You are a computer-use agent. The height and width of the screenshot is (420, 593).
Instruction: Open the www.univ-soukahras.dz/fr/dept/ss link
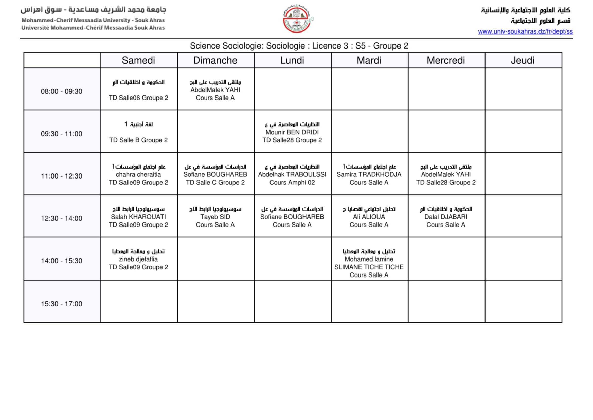(525, 31)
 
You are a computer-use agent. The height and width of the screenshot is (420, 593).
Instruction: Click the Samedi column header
(138, 60)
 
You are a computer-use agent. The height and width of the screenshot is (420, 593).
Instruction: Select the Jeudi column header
(523, 60)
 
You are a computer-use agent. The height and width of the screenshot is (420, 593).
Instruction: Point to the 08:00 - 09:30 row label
(61, 91)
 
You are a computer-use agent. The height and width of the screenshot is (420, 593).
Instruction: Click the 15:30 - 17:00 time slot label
(61, 304)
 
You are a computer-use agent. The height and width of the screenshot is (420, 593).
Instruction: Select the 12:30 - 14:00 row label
(61, 218)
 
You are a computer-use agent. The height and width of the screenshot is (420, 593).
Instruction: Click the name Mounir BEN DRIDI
(292, 132)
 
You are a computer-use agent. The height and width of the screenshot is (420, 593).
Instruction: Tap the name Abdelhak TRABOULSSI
(292, 174)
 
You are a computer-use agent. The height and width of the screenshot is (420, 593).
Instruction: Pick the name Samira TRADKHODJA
(369, 174)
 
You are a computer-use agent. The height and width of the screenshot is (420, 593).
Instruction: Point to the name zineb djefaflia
(138, 259)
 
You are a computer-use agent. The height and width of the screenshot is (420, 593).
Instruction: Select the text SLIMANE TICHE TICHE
(369, 267)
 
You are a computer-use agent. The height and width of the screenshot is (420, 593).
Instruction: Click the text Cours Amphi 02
(292, 182)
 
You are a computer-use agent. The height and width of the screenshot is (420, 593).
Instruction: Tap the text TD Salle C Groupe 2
(215, 182)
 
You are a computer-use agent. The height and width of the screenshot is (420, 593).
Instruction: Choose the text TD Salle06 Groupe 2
(138, 98)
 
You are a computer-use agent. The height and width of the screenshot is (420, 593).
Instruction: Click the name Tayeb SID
(215, 217)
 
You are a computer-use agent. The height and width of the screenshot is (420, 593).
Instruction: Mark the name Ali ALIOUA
(369, 217)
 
